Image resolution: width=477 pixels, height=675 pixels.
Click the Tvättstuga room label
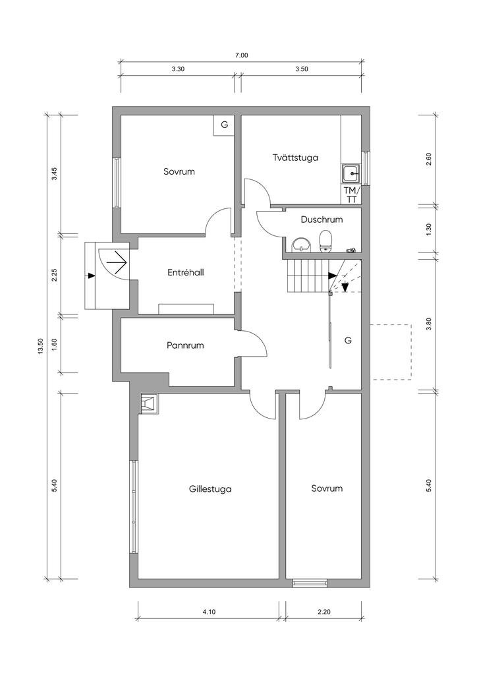296,158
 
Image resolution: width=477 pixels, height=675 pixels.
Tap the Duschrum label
322,220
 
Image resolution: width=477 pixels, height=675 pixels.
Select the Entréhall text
185,272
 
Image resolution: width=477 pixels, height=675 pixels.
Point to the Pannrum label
185,345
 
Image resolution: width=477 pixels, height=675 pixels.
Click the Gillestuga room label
210,489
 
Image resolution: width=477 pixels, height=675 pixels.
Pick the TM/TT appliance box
351,194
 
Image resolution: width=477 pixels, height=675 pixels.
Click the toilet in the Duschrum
325,240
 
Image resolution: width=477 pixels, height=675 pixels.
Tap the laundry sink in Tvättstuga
352,173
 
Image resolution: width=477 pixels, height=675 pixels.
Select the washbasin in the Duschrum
302,245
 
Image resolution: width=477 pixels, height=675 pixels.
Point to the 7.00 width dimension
241,55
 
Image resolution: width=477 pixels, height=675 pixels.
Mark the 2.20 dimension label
323,612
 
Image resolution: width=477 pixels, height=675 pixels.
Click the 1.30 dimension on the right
428,229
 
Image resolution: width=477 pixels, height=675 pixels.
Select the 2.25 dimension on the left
54,275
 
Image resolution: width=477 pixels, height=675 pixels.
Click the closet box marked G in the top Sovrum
224,125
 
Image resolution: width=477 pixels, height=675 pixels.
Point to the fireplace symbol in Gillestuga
149,404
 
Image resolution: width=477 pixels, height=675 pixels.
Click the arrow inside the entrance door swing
117,261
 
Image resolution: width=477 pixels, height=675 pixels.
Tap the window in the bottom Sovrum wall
310,583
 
